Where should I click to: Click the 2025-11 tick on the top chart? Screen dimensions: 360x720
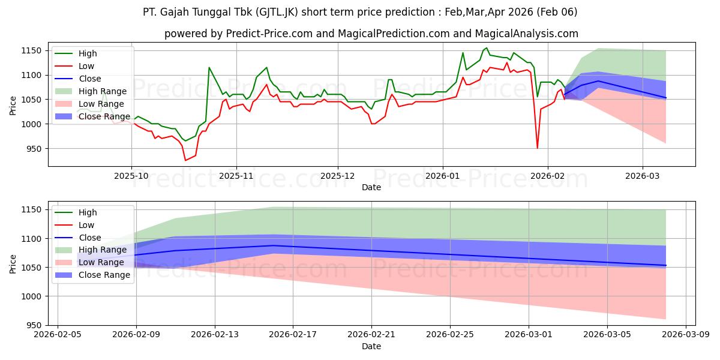coord(236,176)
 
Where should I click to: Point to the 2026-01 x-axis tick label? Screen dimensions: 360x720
coord(443,176)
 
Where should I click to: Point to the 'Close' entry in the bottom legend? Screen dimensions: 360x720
coord(90,238)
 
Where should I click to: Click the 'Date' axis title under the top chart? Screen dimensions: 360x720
coord(371,187)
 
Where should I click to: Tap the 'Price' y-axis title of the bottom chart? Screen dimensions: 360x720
coord(13,263)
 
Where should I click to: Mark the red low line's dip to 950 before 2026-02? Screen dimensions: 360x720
coord(537,148)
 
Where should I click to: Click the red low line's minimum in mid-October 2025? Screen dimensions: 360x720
coord(185,160)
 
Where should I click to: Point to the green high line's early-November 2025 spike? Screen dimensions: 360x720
coord(209,67)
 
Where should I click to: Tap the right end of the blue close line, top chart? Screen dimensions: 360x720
coord(665,98)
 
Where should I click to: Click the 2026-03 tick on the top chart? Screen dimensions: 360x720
coord(643,176)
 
